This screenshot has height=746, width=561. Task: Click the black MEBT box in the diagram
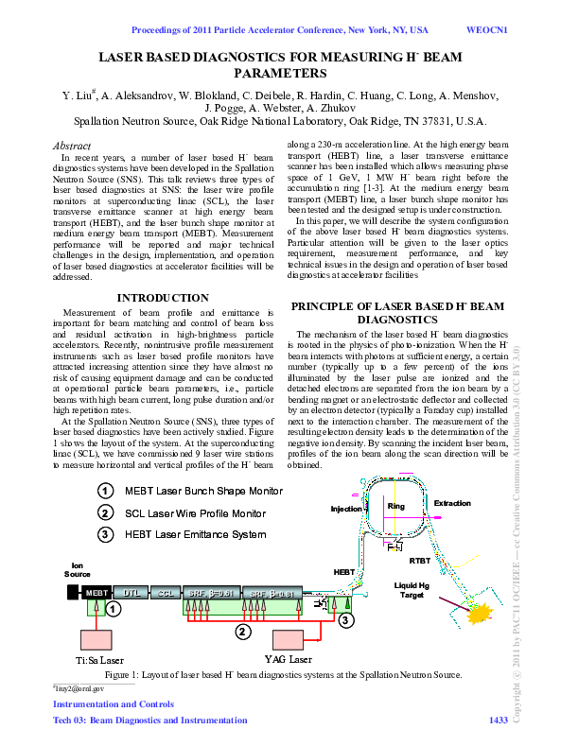click(x=96, y=592)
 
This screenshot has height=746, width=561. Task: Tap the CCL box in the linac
click(x=167, y=592)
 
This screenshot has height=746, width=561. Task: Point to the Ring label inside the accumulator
click(x=396, y=507)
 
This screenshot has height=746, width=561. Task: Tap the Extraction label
click(x=452, y=503)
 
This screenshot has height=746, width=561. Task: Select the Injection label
click(x=346, y=509)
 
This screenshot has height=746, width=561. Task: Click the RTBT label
click(x=420, y=560)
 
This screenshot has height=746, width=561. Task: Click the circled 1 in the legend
click(x=107, y=491)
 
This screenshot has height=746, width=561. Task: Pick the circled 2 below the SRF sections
click(x=243, y=631)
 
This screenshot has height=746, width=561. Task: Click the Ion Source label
click(x=78, y=569)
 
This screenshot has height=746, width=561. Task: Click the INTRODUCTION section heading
click(x=162, y=298)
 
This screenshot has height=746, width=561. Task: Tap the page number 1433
click(x=498, y=721)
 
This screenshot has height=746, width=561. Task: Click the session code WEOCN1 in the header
click(x=488, y=29)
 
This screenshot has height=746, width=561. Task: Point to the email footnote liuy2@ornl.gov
click(x=79, y=690)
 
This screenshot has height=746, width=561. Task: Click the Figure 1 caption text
click(x=283, y=675)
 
